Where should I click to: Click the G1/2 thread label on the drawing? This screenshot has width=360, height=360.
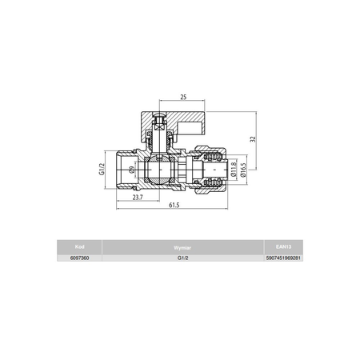point(102,168)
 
